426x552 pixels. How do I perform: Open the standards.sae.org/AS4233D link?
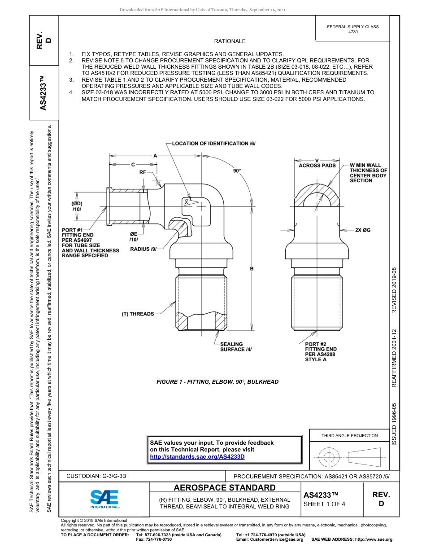coord(197,456)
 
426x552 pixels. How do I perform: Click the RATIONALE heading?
coord(230,41)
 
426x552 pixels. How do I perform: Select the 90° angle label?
coord(237,171)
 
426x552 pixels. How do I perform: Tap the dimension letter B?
coord(252,268)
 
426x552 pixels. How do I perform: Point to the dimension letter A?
coord(155,155)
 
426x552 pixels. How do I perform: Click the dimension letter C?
coord(133,164)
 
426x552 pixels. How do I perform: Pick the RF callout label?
coord(143,172)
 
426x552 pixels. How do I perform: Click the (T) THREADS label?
coord(138,314)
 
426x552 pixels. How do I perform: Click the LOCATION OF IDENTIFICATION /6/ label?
coord(213,144)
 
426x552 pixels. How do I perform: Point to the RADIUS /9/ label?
coord(143,249)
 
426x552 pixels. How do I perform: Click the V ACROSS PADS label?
coord(317,163)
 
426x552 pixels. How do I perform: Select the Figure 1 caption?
coord(217,382)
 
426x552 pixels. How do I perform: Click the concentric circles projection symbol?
coord(330,457)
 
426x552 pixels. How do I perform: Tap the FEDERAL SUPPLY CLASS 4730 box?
coord(353,29)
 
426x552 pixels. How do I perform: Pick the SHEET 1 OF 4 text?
coord(324,504)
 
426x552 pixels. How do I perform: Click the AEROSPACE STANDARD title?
coord(225,488)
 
